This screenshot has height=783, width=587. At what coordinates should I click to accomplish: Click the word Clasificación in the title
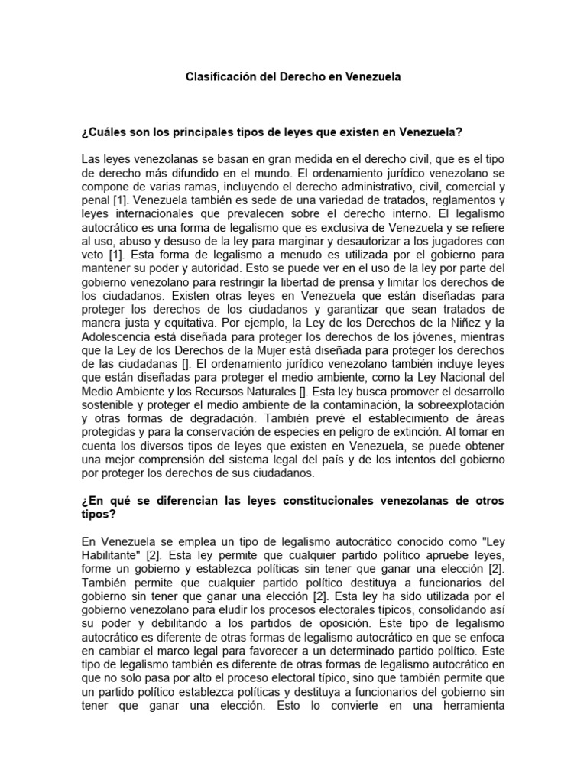222,77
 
